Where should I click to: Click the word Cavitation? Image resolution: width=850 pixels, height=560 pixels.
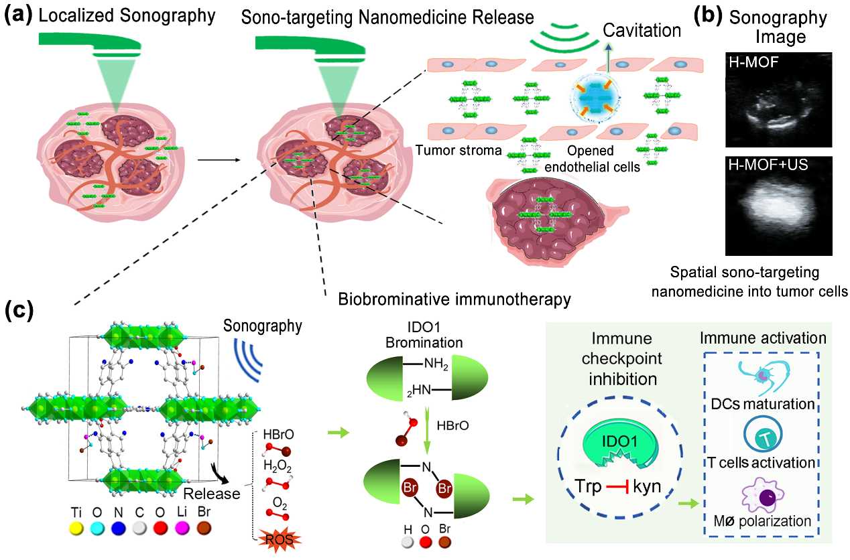click(642, 30)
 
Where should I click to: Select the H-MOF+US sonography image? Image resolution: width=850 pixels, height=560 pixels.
click(780, 206)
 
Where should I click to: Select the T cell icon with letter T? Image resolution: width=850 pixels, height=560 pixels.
click(762, 438)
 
